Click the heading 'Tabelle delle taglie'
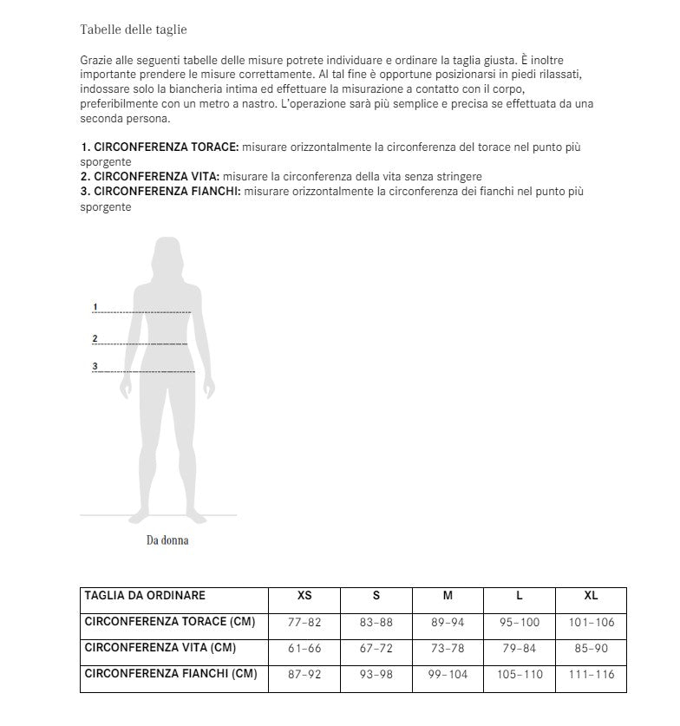[x=133, y=29]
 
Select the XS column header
[x=304, y=597]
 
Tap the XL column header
[x=591, y=597]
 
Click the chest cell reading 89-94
[x=448, y=623]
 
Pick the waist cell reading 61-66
[x=304, y=649]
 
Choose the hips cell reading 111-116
[x=591, y=675]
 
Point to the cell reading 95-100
[x=519, y=623]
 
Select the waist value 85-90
[x=591, y=649]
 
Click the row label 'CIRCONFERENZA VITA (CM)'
[x=160, y=648]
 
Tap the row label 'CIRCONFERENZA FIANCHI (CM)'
[x=170, y=674]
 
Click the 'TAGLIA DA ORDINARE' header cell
[x=145, y=596]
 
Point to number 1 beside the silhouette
[x=95, y=306]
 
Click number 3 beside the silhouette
[x=95, y=366]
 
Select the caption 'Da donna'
[x=167, y=540]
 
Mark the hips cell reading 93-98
[x=376, y=675]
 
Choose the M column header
[x=448, y=597]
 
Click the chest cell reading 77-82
[x=304, y=623]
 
